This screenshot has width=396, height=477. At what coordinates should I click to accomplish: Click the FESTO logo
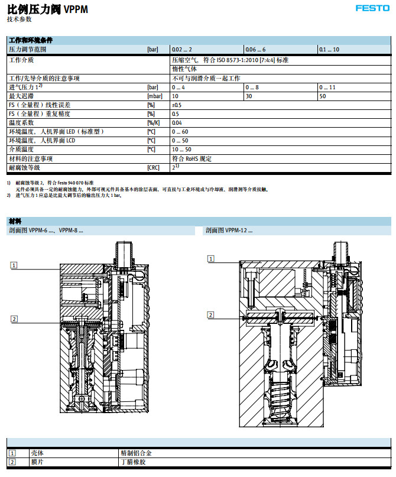(372, 8)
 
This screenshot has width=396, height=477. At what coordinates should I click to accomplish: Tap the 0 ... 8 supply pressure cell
(255, 87)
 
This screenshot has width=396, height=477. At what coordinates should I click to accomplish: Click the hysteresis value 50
(322, 96)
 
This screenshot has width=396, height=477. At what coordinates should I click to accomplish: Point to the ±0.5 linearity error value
(176, 105)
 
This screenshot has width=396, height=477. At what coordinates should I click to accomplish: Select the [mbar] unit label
(154, 96)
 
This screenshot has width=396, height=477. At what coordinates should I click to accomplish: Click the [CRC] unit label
(154, 168)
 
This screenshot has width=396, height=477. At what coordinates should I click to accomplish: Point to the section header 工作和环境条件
(31, 41)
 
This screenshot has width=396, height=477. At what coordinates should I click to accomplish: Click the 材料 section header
(15, 220)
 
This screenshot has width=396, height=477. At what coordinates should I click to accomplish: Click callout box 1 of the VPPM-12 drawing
(210, 258)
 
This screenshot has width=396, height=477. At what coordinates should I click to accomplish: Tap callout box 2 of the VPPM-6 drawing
(14, 319)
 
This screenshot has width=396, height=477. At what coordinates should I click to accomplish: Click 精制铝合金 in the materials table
(135, 453)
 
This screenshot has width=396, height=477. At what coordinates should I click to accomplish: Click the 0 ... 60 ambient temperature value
(180, 132)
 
